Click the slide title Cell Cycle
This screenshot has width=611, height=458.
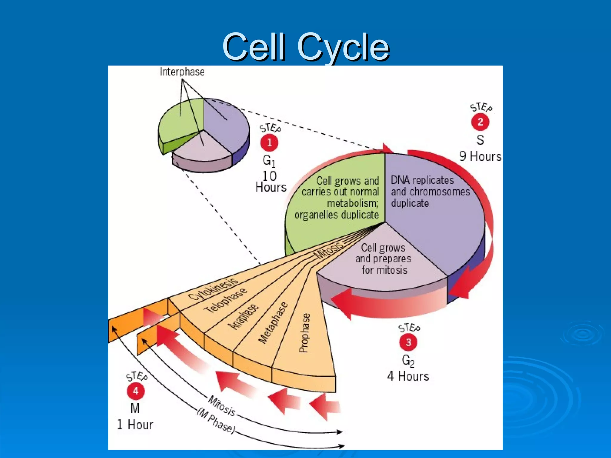[x=306, y=47]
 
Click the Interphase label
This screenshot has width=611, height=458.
[x=182, y=72]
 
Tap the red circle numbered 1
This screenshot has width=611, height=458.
[x=269, y=143]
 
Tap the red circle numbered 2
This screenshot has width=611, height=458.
[x=480, y=122]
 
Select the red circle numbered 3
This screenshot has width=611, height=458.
[x=408, y=342]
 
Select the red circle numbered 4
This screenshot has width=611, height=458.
[x=136, y=391]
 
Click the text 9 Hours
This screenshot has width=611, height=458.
[x=480, y=156]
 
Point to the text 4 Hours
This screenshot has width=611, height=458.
[x=408, y=376]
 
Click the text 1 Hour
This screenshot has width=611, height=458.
[x=135, y=425]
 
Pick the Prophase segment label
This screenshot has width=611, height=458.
[x=304, y=332]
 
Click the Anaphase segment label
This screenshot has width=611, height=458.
[x=243, y=317]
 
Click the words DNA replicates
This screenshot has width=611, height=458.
[x=422, y=180]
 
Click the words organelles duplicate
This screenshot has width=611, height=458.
[x=337, y=215]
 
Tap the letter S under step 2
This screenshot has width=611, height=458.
[x=480, y=140]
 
